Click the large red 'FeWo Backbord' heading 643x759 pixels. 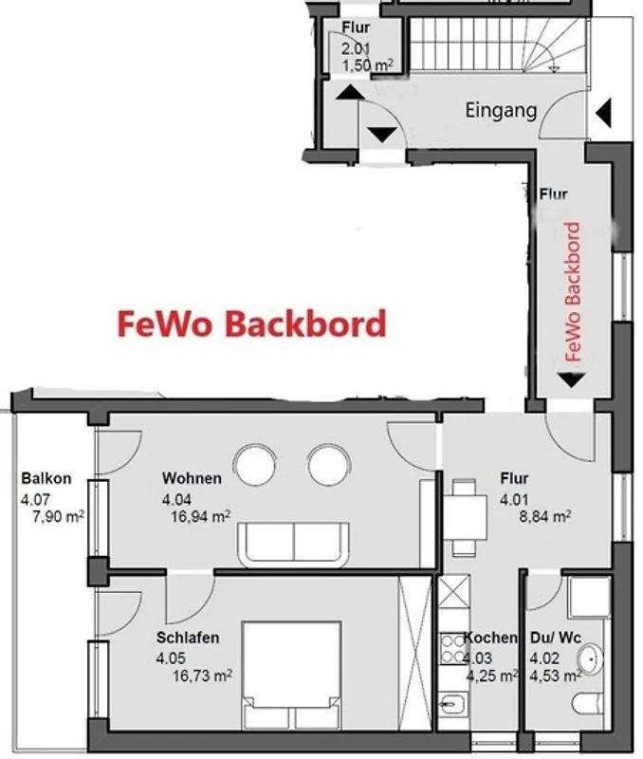(x=252, y=324)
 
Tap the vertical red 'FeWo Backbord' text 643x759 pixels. (x=573, y=291)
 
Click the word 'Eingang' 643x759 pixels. (x=502, y=111)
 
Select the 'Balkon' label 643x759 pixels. (x=46, y=478)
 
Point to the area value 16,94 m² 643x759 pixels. (x=200, y=516)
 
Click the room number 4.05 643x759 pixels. (x=171, y=657)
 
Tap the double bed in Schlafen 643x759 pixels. (x=292, y=676)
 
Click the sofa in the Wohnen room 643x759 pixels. (x=293, y=544)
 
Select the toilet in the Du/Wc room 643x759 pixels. (x=587, y=703)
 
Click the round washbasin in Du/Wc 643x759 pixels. (x=590, y=658)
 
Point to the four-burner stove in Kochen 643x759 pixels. (x=453, y=649)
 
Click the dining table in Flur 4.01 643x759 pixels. (x=465, y=517)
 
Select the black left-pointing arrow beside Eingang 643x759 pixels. (x=603, y=113)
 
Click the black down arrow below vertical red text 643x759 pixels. (x=571, y=380)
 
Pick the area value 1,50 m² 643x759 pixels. (x=367, y=65)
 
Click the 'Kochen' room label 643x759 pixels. (x=490, y=638)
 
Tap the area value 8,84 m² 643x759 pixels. (x=544, y=516)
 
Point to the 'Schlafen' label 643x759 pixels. (x=188, y=638)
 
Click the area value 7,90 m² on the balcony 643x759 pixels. (x=58, y=516)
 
